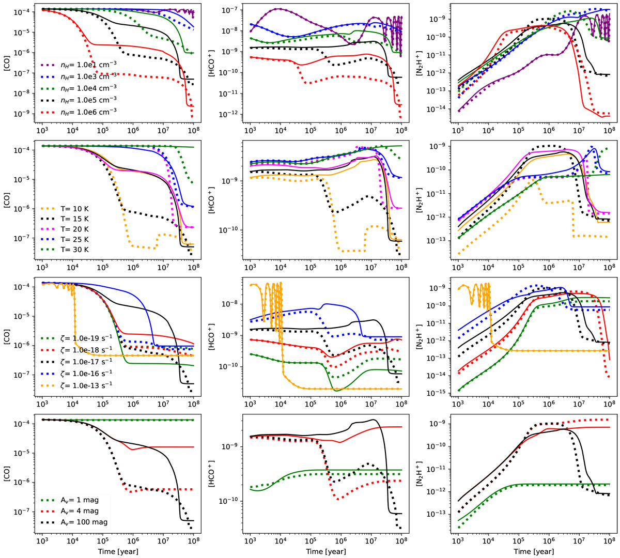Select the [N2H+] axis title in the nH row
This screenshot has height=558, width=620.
(x=422, y=66)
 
